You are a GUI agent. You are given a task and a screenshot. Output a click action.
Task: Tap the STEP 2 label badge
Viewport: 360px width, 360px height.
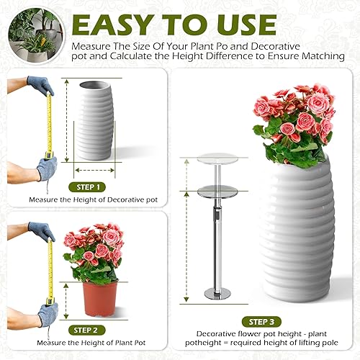(89, 330)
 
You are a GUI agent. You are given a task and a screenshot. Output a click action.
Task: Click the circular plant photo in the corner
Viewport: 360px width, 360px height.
(34, 30)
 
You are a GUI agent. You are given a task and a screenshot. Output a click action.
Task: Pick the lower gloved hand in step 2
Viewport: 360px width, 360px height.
(48, 311)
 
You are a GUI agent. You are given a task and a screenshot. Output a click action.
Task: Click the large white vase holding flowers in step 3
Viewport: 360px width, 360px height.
(297, 230)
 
